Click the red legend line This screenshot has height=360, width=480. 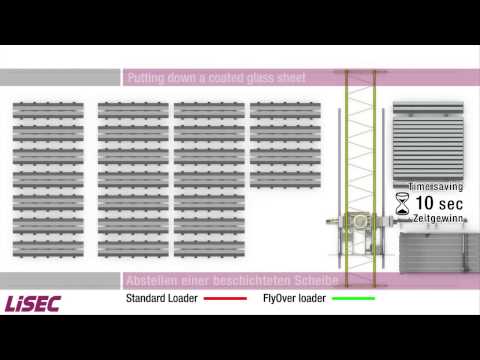(225, 299)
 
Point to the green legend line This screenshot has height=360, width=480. (353, 299)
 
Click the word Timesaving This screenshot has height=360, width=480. (432, 186)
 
